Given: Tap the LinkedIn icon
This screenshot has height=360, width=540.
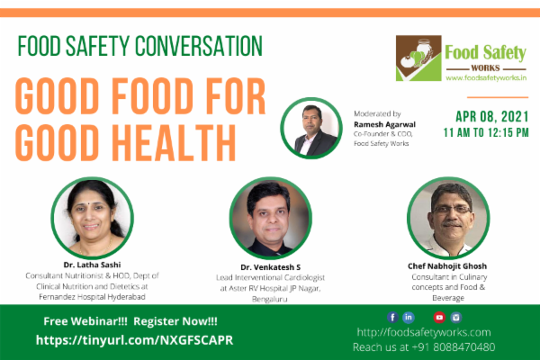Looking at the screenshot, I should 409,317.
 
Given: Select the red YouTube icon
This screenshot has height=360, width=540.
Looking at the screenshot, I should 439,317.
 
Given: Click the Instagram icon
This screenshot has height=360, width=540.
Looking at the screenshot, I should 456,317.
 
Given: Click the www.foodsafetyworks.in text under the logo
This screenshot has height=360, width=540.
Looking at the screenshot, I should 485,78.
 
